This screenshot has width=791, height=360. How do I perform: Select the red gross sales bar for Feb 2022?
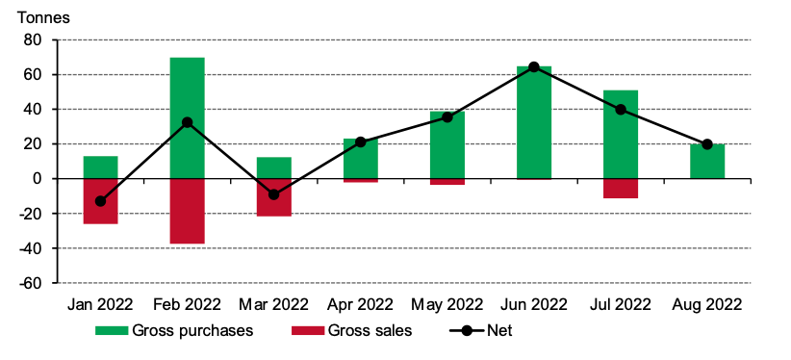(x=187, y=211)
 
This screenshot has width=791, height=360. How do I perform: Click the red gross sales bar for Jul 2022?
(x=620, y=189)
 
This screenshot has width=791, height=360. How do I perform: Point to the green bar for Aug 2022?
(x=706, y=162)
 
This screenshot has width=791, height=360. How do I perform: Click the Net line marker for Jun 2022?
(x=533, y=66)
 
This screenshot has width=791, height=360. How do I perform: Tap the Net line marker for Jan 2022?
(x=100, y=201)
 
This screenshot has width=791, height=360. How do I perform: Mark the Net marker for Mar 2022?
(x=273, y=194)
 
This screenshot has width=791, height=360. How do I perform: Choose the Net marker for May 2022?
(x=447, y=117)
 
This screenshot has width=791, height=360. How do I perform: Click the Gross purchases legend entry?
(x=173, y=331)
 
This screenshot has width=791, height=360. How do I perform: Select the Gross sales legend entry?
(x=352, y=331)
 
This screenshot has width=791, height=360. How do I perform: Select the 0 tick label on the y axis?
(x=39, y=179)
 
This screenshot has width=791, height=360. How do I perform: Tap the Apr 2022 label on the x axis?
(x=360, y=305)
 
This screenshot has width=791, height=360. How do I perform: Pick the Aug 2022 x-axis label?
(x=706, y=305)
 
